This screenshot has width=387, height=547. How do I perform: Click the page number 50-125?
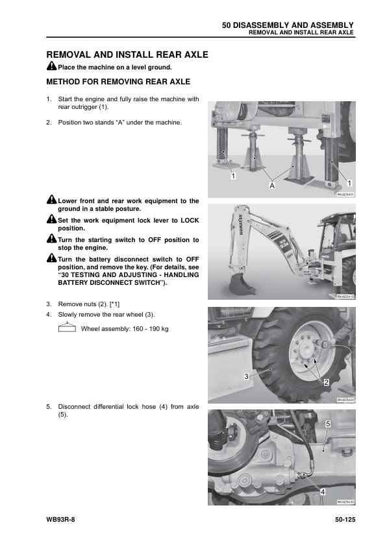pyautogui.click(x=345, y=520)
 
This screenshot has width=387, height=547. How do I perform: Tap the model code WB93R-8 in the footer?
pyautogui.click(x=60, y=520)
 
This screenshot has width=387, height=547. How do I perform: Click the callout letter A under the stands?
pyautogui.click(x=272, y=186)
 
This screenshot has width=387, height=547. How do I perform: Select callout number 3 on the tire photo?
pyautogui.click(x=246, y=376)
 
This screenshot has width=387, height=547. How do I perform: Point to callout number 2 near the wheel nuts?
pyautogui.click(x=326, y=382)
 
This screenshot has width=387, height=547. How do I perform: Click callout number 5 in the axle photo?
pyautogui.click(x=328, y=424)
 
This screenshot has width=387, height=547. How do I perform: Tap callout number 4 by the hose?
pyautogui.click(x=323, y=492)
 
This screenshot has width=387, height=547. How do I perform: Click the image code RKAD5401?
pyautogui.click(x=345, y=194)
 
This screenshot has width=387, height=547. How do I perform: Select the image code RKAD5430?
pyautogui.click(x=345, y=502)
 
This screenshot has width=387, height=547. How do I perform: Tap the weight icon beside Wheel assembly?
pyautogui.click(x=67, y=327)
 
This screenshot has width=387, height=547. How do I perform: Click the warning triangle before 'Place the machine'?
pyautogui.click(x=51, y=66)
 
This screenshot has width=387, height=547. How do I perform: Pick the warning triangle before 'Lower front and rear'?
pyautogui.click(x=51, y=199)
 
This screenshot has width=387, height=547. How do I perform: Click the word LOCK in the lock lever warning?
pyautogui.click(x=190, y=221)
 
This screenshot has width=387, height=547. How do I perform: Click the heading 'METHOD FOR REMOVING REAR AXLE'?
pyautogui.click(x=118, y=82)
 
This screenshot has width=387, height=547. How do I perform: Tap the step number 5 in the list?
pyautogui.click(x=49, y=406)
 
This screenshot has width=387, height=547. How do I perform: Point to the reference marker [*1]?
pyautogui.click(x=114, y=304)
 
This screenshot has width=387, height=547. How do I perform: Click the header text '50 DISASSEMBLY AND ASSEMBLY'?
pyautogui.click(x=288, y=25)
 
